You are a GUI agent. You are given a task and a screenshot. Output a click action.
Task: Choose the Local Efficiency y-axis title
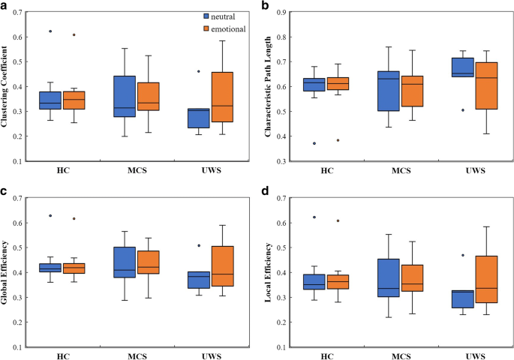tap(267, 272)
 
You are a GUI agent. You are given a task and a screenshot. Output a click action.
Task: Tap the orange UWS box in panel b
tap(487, 86)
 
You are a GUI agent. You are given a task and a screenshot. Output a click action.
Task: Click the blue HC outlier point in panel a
tap(50, 31)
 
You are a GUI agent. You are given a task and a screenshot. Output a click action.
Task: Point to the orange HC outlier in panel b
tap(338, 140)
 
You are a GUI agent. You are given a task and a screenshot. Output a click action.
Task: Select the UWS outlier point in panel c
tap(199, 245)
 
